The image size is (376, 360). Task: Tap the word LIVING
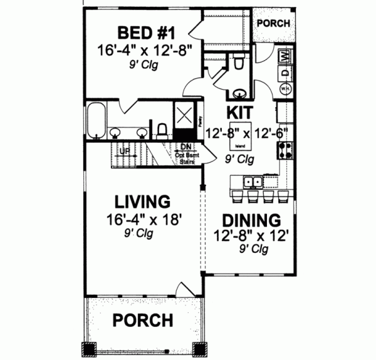pyautogui.click(x=142, y=202)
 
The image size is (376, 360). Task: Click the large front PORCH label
pyautogui.click(x=142, y=321)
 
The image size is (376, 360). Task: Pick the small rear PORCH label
pyautogui.click(x=273, y=23)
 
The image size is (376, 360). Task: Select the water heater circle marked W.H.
pyautogui.click(x=285, y=88)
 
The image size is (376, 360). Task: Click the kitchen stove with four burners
pyautogui.click(x=286, y=150)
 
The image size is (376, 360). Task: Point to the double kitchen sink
pyautogui.click(x=253, y=182)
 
